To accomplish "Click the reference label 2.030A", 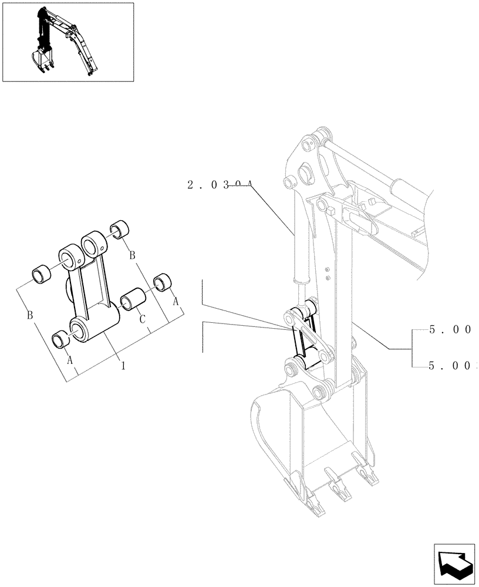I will [220, 185].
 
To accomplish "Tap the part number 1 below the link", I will [123, 365].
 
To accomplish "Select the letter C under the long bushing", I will [142, 319].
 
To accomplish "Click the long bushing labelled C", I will [132, 298].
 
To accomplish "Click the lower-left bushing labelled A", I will [60, 338].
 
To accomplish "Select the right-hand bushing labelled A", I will [160, 282].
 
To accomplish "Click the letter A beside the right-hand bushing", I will [174, 301].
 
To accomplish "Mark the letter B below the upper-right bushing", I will [132, 255].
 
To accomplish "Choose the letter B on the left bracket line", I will [29, 316].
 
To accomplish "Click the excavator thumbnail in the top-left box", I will [68, 42].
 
